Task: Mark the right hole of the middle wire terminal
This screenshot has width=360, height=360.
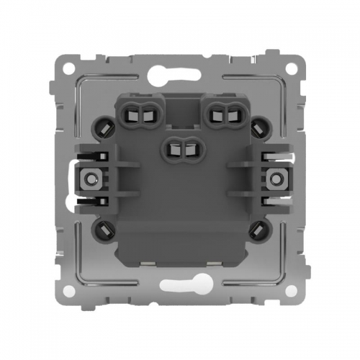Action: coord(187,149)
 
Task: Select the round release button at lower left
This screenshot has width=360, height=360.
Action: coord(102,231)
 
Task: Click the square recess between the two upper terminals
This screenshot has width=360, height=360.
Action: coord(181,108)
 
